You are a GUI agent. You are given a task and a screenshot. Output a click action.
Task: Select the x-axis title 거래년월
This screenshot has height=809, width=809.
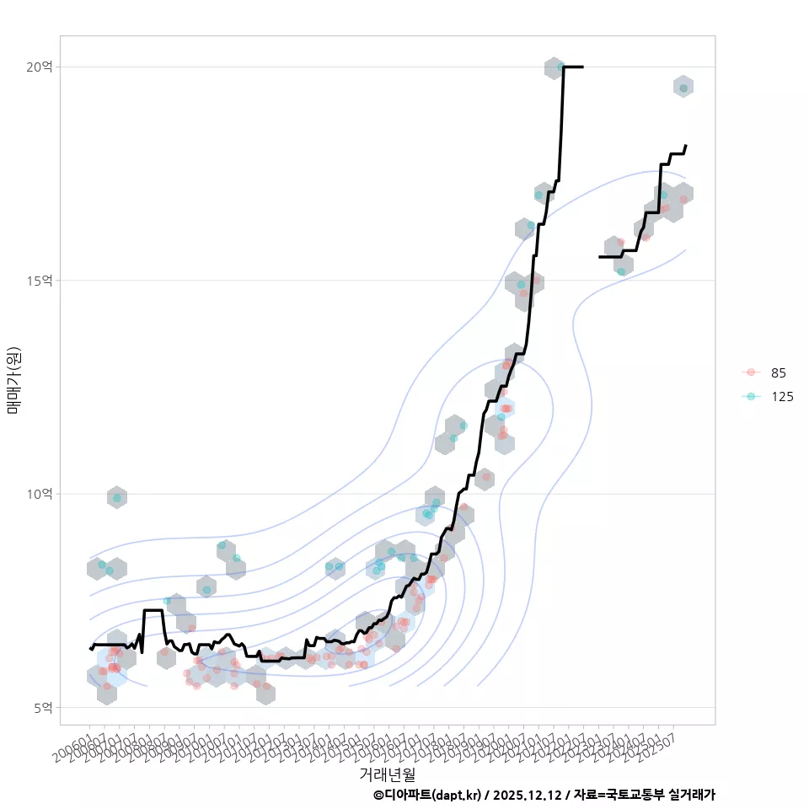[x=387, y=773]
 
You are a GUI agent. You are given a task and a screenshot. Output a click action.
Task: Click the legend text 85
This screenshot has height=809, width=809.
[x=778, y=372]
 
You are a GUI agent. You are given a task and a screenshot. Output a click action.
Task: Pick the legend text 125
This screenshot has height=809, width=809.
[x=781, y=396]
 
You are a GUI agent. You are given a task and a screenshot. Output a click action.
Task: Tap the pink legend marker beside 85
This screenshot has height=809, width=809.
[x=751, y=372]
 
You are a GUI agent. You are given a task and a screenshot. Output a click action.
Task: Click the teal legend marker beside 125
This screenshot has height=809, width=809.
[x=751, y=396]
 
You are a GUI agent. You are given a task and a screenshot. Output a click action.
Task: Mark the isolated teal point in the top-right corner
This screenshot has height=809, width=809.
[x=683, y=88]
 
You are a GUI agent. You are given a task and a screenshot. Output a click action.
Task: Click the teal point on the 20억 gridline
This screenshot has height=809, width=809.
[x=560, y=67]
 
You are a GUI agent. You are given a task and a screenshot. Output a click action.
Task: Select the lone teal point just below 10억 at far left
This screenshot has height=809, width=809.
[x=117, y=498]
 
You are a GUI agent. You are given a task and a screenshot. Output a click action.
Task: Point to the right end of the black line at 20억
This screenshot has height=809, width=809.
[x=582, y=67]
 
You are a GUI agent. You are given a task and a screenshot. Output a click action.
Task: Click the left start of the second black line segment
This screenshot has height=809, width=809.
[x=600, y=256]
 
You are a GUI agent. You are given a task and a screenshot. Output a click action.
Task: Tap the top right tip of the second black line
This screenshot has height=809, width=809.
[x=686, y=146]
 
